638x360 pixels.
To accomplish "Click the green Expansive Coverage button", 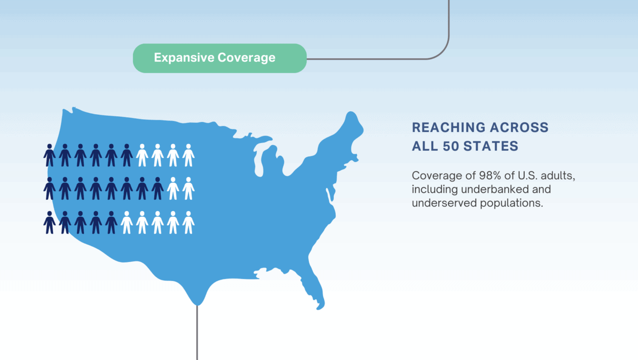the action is tap(220, 58).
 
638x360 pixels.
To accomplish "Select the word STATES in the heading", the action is tap(491, 146).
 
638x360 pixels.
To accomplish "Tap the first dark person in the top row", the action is tap(49, 155).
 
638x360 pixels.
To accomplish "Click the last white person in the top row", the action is tap(188, 155).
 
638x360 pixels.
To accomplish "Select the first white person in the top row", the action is tap(142, 155).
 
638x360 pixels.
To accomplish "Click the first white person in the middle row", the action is tap(173, 188).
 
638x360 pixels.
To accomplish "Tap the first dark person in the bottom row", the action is tap(49, 223).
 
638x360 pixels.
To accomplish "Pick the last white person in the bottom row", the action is tap(188, 223).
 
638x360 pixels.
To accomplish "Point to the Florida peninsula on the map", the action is tap(313, 288).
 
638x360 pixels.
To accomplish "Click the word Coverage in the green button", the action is tap(247, 58).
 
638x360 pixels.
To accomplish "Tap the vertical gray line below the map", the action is tap(197, 333).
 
